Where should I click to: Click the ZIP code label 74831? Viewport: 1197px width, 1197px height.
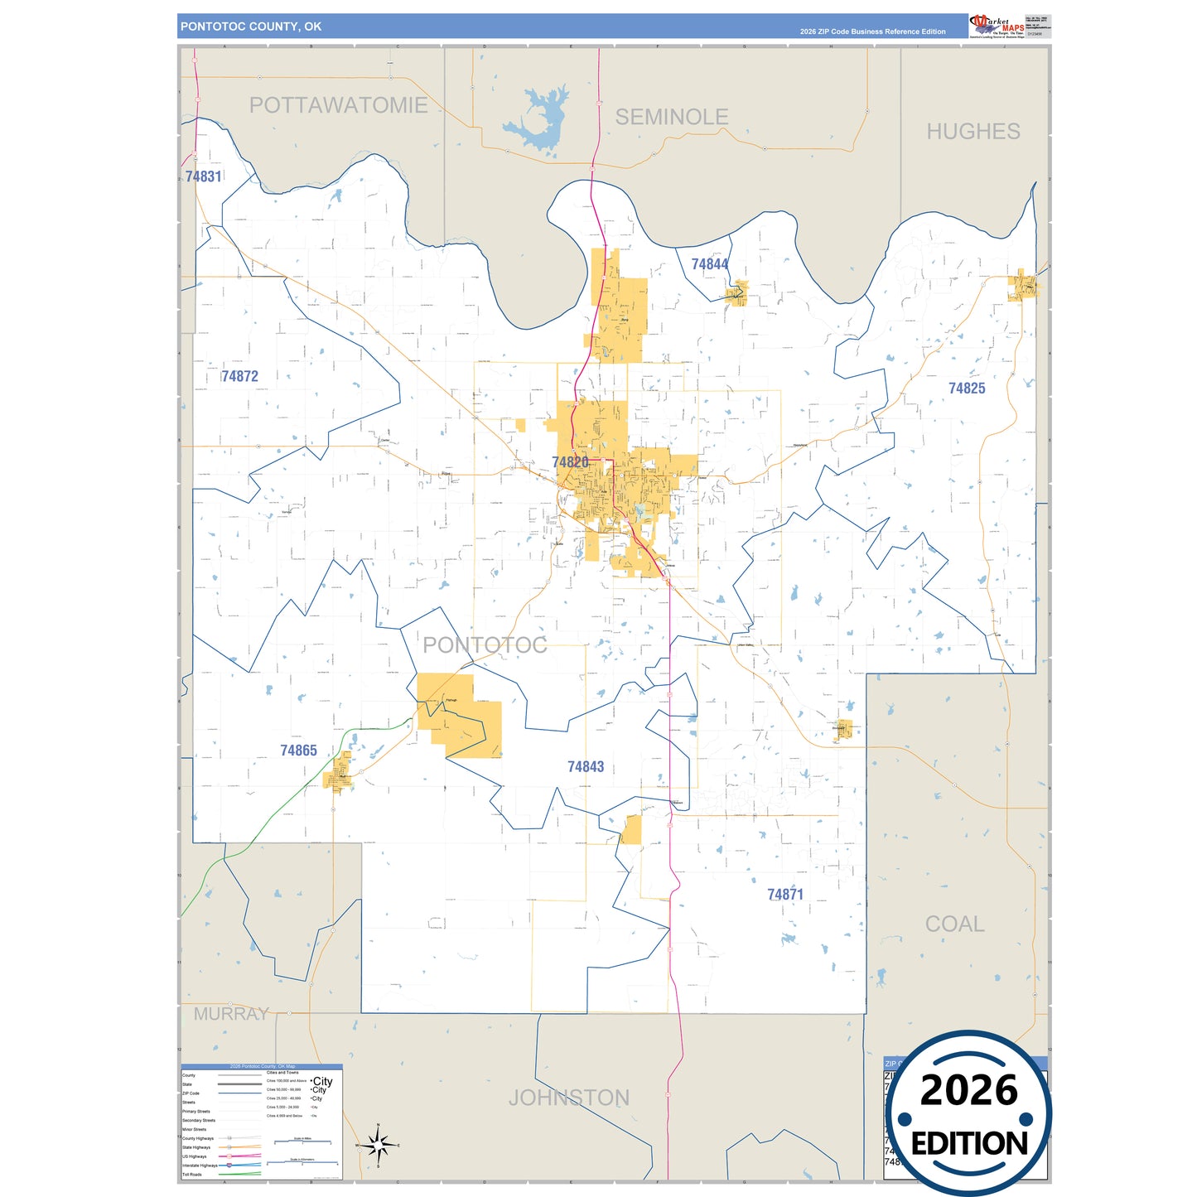coord(203,176)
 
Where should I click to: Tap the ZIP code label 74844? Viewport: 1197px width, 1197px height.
coord(710,264)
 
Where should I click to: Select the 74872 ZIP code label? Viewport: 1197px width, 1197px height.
coord(239,376)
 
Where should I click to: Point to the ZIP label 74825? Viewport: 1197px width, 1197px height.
coord(967,389)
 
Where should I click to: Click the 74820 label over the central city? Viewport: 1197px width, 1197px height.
coord(570,462)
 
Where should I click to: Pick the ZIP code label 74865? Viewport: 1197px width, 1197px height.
coord(298,751)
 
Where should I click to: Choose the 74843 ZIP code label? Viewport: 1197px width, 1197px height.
coord(586,767)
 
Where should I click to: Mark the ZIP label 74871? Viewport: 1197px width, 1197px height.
coord(784,895)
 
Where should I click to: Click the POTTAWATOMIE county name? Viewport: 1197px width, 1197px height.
coord(338,105)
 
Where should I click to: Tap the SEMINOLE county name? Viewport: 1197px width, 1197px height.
coord(671,118)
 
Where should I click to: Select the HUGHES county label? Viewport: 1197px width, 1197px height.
coord(973,132)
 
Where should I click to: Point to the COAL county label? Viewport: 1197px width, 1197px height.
coord(954,924)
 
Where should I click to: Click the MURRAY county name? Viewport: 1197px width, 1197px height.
coord(231,1014)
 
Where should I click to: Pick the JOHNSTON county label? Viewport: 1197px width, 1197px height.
coord(568,1098)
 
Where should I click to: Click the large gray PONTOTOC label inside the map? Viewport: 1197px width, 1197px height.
coord(485,645)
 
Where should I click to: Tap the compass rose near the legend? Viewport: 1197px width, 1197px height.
coord(379,1145)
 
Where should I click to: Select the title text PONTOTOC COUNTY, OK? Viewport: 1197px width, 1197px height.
coord(251,27)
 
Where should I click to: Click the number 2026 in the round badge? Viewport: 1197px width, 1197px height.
coord(968,1091)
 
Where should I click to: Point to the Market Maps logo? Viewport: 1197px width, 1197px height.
coord(997,26)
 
